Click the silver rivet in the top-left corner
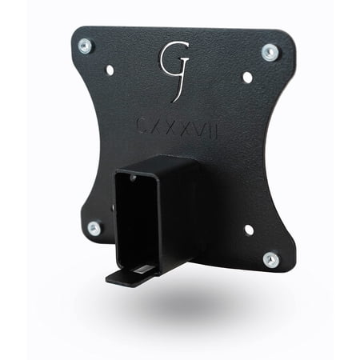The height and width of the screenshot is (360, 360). (x=86, y=46)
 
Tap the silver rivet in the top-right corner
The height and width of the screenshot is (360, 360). (x=270, y=53)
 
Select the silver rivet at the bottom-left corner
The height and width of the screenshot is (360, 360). (x=94, y=228)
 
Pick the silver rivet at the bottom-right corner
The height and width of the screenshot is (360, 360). (x=271, y=259)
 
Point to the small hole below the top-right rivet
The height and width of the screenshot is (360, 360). (x=247, y=78)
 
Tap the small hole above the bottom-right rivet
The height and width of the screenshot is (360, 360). (x=248, y=230)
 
